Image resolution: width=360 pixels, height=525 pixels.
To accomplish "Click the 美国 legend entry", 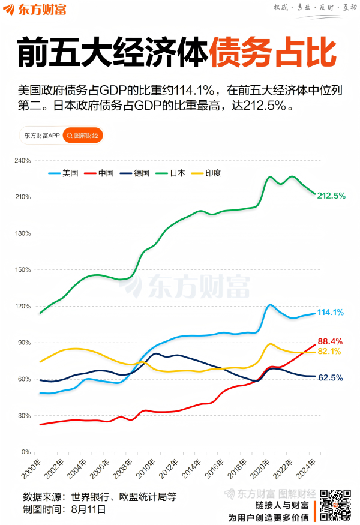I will point(64,173).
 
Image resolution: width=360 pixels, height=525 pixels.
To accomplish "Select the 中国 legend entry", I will point(100,173).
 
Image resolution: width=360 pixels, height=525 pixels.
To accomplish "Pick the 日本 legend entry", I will point(170,173).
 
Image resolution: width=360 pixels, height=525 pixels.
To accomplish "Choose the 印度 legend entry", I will point(206,173).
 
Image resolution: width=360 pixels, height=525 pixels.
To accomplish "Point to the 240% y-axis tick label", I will point(22,161).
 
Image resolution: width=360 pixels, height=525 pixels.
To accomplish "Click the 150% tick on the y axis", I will point(22,269).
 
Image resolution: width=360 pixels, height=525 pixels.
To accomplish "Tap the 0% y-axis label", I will point(26,452).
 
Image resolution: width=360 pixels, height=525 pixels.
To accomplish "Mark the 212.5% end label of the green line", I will point(331,196).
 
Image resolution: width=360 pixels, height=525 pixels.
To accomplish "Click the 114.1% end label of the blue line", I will point(330,312).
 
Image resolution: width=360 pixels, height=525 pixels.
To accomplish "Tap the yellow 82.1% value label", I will point(329,352).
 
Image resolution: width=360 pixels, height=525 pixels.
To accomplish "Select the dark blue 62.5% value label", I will point(330,378).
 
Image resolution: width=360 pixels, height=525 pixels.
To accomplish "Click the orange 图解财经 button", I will point(83,136).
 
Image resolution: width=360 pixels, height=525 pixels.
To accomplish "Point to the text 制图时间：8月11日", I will point(65,509).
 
